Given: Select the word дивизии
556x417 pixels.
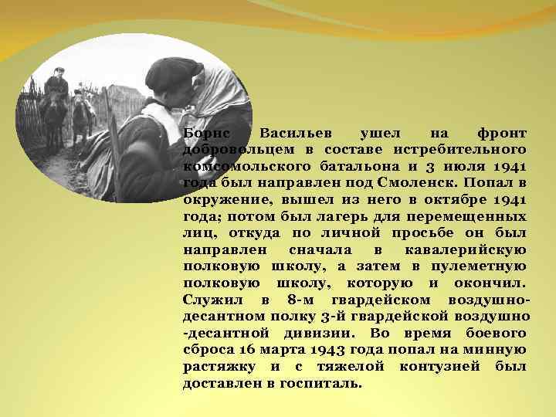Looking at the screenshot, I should [316, 333].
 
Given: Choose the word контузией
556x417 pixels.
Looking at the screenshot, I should [441, 366].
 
